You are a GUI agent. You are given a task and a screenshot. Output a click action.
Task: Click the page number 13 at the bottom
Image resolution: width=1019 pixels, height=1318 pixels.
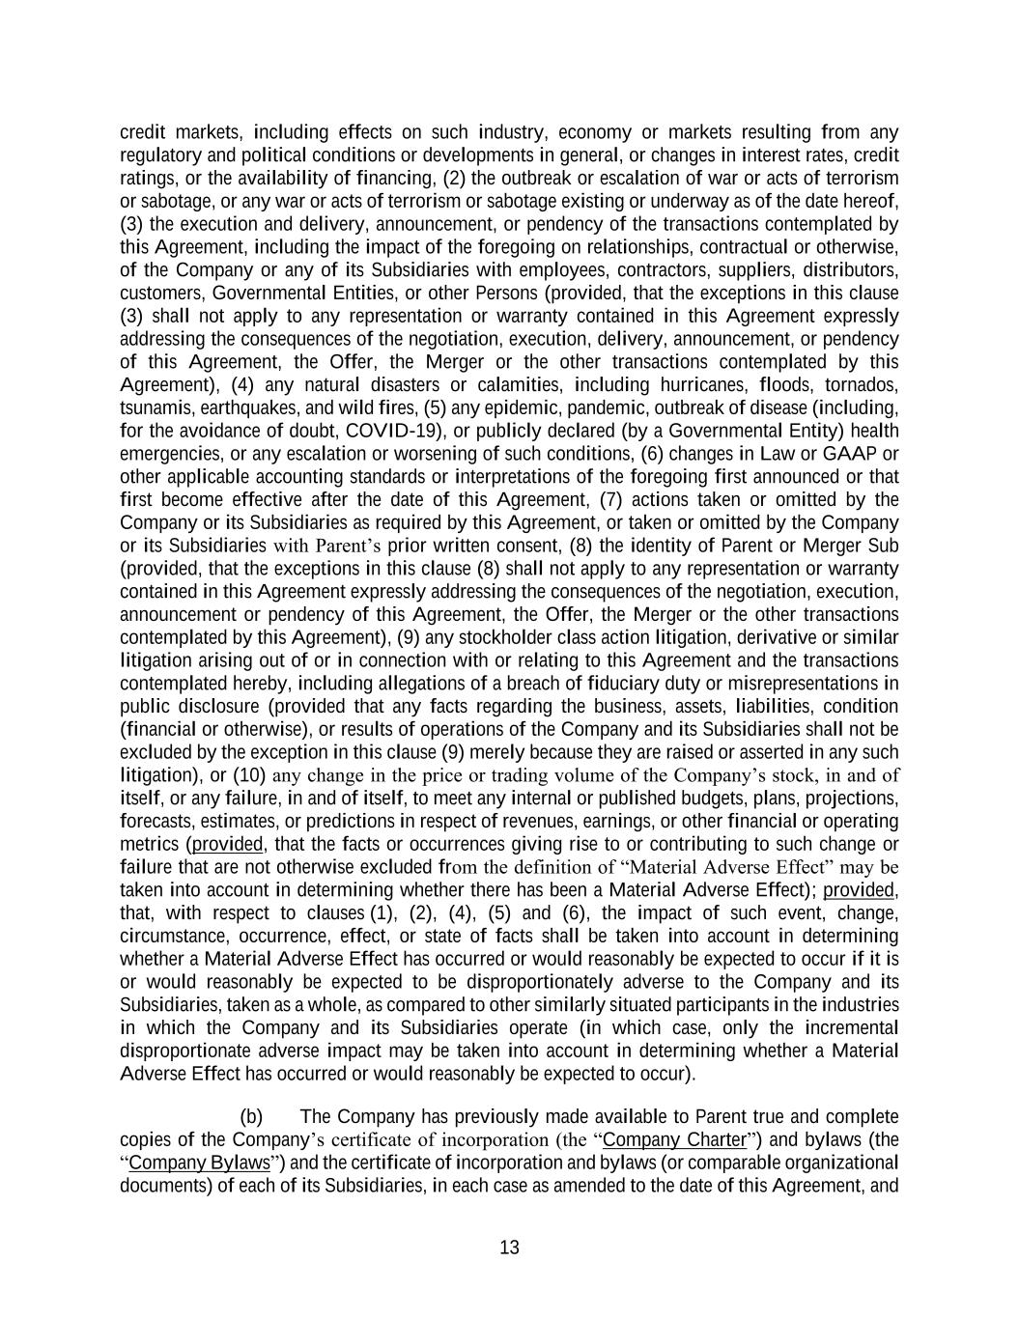click(509, 1248)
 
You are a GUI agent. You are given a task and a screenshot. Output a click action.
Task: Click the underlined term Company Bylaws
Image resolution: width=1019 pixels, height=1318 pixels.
click(199, 1163)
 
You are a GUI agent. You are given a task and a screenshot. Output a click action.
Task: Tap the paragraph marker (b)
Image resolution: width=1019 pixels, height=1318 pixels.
click(251, 1117)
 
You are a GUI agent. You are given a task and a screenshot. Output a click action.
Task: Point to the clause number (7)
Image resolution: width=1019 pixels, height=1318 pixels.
click(614, 499)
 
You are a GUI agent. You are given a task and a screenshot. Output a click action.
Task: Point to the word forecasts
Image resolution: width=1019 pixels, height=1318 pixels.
click(156, 822)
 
